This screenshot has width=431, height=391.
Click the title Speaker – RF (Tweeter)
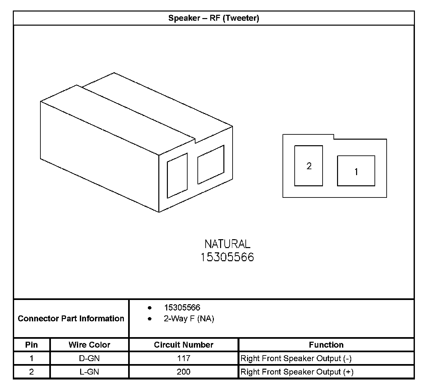[x=214, y=18]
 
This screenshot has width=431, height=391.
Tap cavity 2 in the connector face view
[x=308, y=166]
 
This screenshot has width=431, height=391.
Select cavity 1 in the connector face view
[x=356, y=171]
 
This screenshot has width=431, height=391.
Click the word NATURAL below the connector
[x=227, y=244]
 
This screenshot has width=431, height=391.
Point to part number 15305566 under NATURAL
[x=227, y=257]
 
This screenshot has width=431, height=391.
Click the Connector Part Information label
[x=71, y=318]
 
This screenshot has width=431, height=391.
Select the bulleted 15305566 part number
[x=182, y=308]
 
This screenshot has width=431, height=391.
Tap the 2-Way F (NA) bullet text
[x=189, y=319]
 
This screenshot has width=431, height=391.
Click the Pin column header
[x=32, y=345]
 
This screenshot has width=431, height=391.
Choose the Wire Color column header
[x=89, y=345]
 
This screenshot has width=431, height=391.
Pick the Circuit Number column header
[x=184, y=345]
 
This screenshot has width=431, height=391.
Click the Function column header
[x=326, y=345]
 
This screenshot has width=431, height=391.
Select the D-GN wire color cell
[x=89, y=358]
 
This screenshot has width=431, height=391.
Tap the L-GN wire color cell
[x=89, y=372]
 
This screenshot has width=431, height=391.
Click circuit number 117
[x=184, y=358]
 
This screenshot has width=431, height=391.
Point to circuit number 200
[x=184, y=372]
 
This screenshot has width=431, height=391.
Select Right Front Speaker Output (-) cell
[x=296, y=358]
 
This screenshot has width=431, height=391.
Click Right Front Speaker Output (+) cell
[x=297, y=372]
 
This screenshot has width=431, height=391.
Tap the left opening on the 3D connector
[x=177, y=176]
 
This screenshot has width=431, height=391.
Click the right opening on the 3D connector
[x=211, y=165]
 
